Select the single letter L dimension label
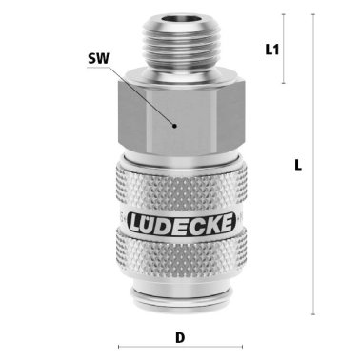298,164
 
